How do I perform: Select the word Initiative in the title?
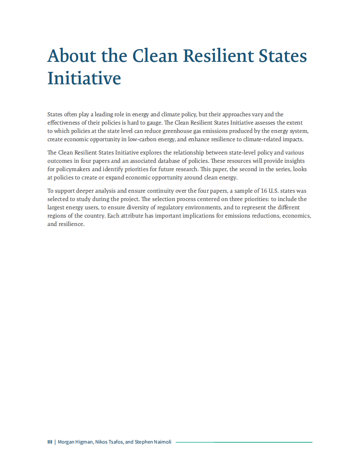coord(84,78)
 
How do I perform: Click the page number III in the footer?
coord(49,442)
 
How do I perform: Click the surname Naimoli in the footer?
coord(162,442)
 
